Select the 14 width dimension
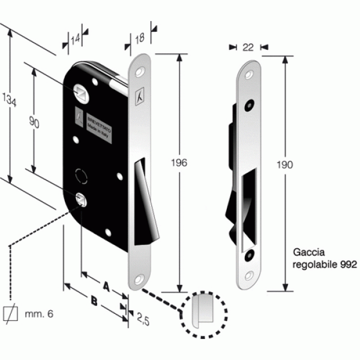pos(75,40)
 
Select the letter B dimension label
pos(94,299)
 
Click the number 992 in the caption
pos(348,263)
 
